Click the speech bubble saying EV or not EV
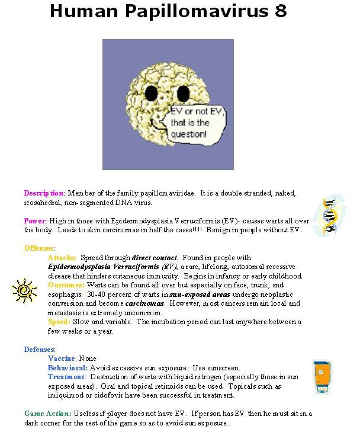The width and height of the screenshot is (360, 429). [190, 123]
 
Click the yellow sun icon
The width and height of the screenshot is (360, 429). [24, 290]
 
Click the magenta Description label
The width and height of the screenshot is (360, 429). [44, 193]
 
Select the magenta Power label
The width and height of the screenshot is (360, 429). [35, 220]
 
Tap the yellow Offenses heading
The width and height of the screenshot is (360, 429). [39, 248]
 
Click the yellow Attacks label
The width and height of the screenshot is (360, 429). [62, 258]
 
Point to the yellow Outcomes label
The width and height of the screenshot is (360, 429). [66, 285]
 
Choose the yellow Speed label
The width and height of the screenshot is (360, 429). [59, 322]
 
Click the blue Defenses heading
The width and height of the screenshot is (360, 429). [40, 350]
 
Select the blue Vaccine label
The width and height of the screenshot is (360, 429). [62, 358]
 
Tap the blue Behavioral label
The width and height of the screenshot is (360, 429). [67, 368]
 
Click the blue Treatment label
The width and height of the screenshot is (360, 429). [66, 377]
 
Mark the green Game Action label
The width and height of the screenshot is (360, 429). [48, 414]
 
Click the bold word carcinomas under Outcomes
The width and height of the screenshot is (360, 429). [144, 303]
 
